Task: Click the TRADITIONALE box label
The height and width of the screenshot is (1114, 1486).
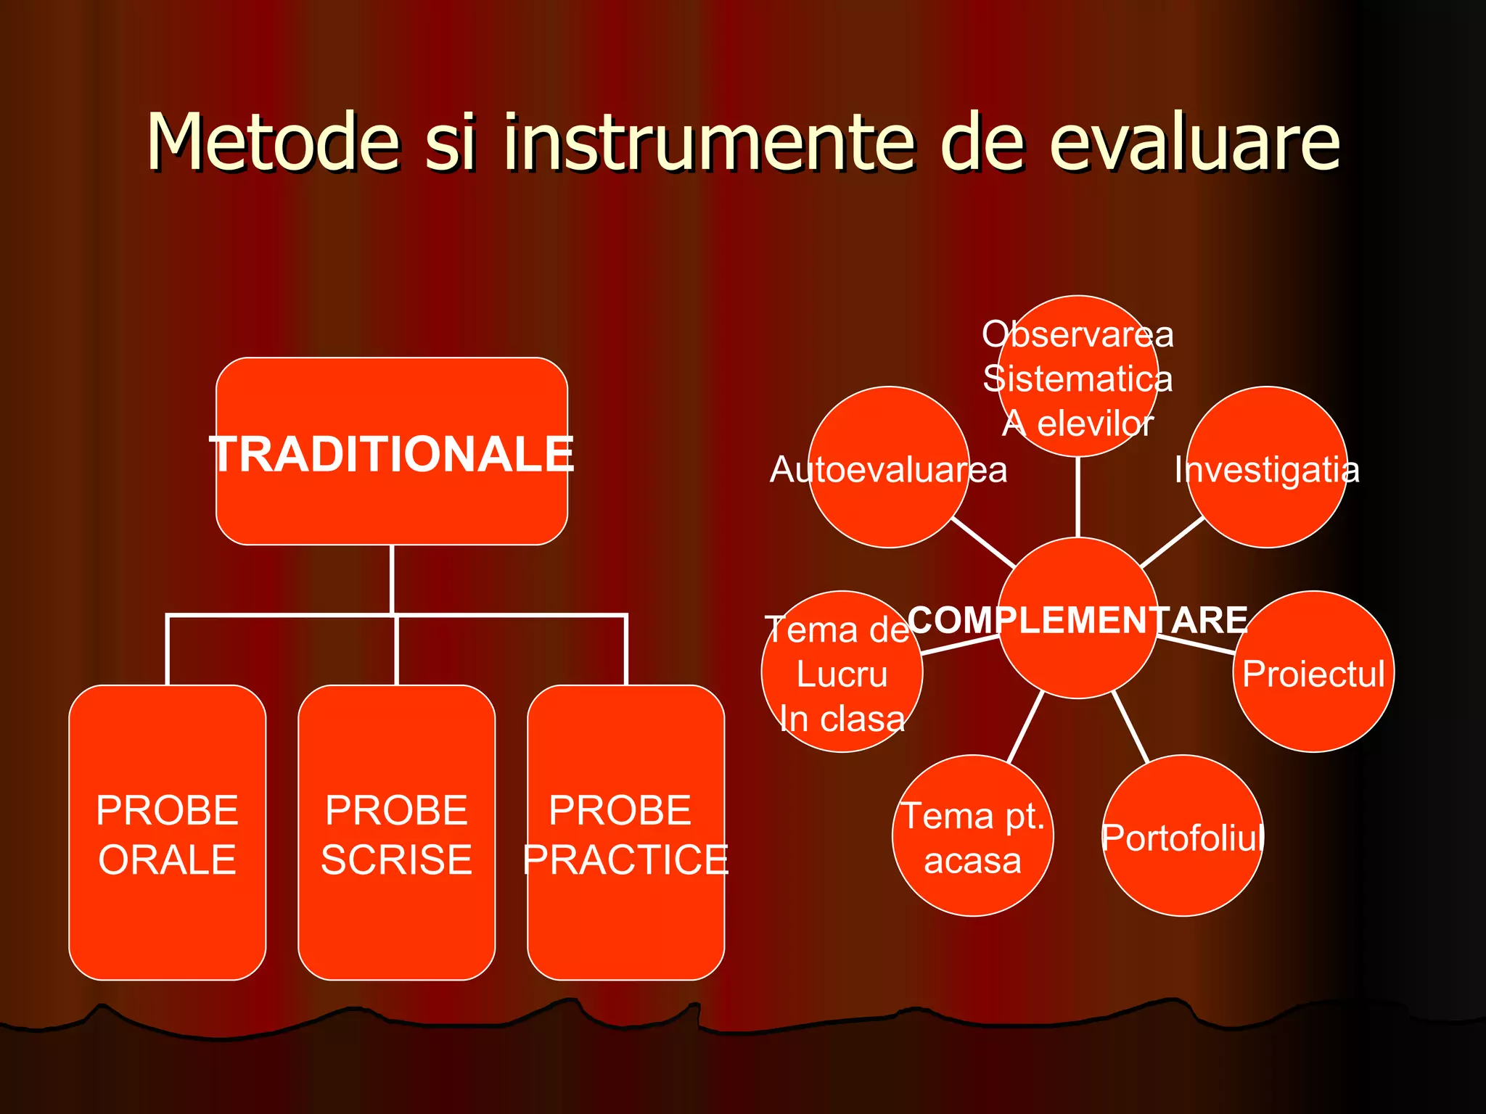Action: pos(392,454)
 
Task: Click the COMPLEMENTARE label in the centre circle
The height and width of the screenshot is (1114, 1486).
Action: pos(1077,620)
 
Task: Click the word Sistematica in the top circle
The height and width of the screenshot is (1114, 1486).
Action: pos(1077,379)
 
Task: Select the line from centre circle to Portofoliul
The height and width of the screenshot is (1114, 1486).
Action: pos(1131,727)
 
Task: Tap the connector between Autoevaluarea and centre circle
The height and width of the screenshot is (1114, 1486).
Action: pos(983,542)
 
